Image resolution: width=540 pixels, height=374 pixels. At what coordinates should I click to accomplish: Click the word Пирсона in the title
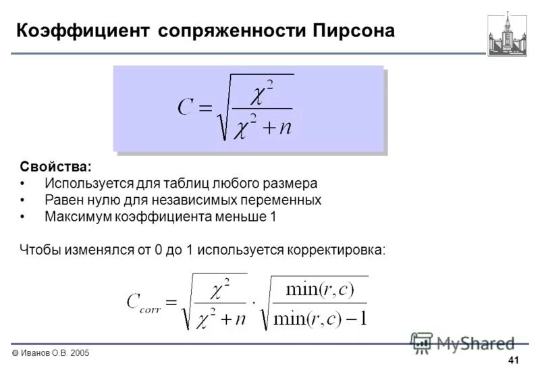tap(353, 30)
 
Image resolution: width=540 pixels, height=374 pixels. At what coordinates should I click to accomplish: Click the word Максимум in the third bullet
tap(75, 217)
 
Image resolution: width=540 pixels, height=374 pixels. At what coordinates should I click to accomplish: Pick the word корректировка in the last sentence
tap(337, 249)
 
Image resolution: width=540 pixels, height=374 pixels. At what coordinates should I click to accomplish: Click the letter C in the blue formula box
tap(186, 107)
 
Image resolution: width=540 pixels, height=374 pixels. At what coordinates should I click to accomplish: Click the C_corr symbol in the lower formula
tap(143, 302)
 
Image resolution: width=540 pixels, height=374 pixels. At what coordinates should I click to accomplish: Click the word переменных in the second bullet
tap(283, 201)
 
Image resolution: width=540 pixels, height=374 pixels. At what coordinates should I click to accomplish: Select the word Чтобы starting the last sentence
tap(40, 249)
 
